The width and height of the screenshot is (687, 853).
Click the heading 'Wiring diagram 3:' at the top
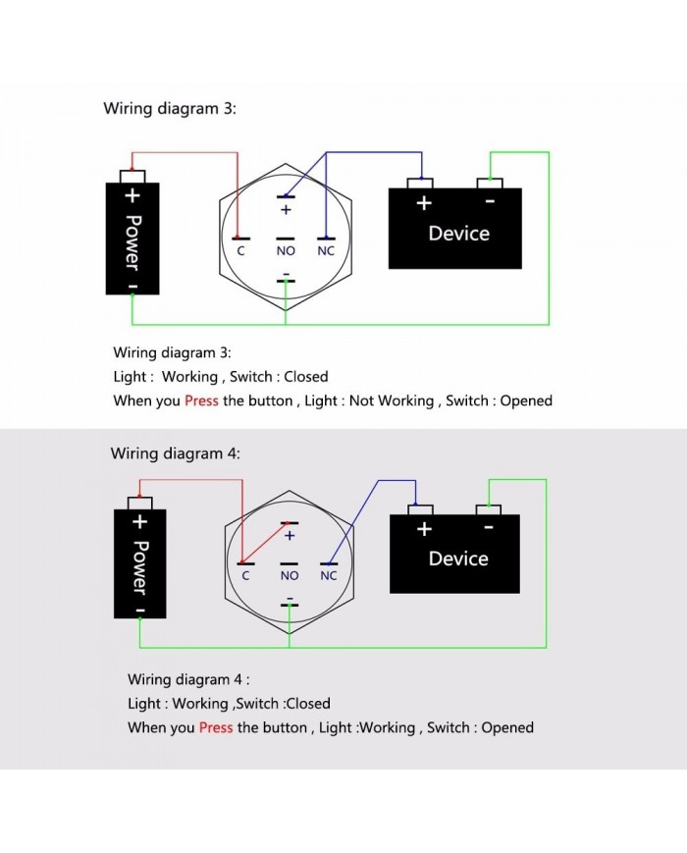click(170, 108)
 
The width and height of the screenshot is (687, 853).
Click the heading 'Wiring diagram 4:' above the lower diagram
click(175, 453)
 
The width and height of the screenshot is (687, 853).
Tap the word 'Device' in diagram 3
click(458, 234)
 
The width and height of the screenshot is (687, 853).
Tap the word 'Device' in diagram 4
click(458, 559)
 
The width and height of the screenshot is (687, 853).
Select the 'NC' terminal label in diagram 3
click(326, 251)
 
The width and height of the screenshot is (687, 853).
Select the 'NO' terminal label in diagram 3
click(286, 251)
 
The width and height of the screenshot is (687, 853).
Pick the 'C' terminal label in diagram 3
click(240, 251)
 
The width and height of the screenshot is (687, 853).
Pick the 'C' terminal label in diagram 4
click(245, 576)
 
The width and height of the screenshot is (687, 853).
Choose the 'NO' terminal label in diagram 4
click(290, 576)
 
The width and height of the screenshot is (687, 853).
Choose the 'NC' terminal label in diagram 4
click(329, 576)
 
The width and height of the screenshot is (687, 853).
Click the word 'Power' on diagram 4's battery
click(140, 566)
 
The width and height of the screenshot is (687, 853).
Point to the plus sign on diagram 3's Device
click(424, 203)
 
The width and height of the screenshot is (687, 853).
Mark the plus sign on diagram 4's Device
click(424, 529)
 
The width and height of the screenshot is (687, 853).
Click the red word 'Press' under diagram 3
click(201, 400)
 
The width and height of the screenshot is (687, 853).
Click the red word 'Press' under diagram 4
click(216, 727)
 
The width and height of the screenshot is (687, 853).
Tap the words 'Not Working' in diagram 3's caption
click(393, 400)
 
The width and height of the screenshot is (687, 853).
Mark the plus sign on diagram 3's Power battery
click(132, 195)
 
